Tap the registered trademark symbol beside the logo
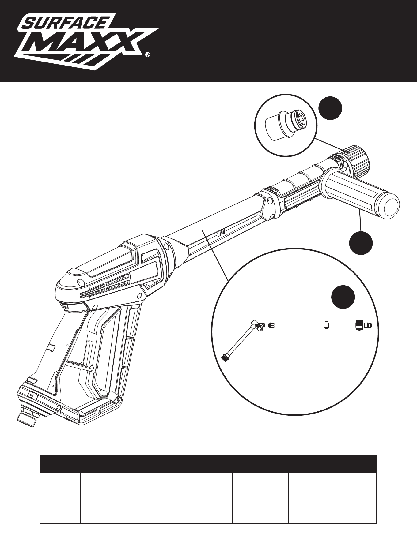click(148, 55)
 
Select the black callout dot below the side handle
click(361, 243)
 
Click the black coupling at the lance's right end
click(359, 325)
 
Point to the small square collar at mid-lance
click(327, 325)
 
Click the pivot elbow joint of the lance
click(257, 326)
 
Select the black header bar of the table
click(208, 464)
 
